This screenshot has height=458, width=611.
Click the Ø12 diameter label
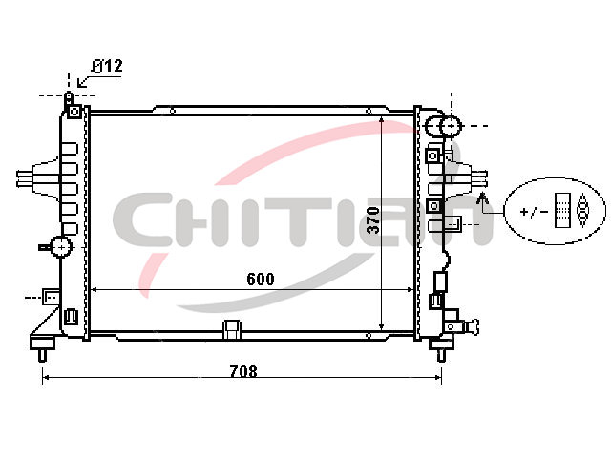click(x=107, y=66)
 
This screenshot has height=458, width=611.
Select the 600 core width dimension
click(x=261, y=279)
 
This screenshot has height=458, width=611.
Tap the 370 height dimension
click(x=373, y=220)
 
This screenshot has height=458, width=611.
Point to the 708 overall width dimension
click(x=243, y=371)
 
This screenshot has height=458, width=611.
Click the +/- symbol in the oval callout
click(x=534, y=212)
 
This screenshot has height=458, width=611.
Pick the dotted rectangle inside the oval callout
click(x=562, y=210)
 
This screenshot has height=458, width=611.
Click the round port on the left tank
click(x=61, y=246)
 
